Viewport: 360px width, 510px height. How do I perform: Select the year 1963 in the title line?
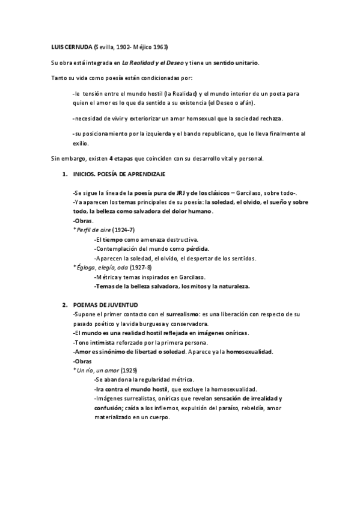(x=159, y=46)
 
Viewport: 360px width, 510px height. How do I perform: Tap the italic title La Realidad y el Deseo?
(x=152, y=63)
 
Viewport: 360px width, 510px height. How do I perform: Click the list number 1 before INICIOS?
(x=64, y=174)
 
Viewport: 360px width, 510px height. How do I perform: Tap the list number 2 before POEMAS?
(x=64, y=306)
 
